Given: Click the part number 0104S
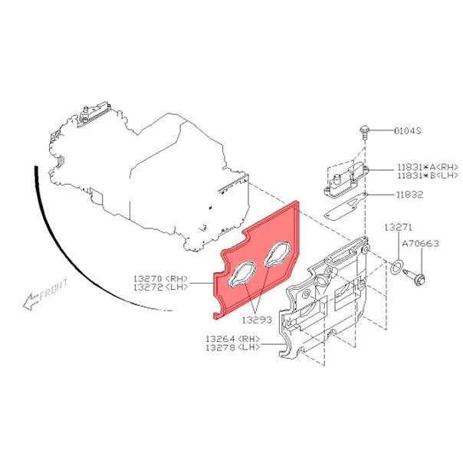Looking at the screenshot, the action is click(x=408, y=130).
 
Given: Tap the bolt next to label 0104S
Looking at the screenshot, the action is click(x=365, y=133).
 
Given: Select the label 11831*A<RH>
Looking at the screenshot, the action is click(x=428, y=167).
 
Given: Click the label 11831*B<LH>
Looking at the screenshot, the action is click(x=428, y=176).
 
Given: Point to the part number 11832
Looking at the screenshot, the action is click(x=410, y=194).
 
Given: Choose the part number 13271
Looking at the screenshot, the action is click(x=399, y=227).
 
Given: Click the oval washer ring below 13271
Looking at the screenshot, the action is click(x=396, y=266).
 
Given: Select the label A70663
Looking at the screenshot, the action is click(x=421, y=243).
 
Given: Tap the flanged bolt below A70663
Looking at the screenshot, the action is click(x=415, y=277).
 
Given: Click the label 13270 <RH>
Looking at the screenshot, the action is click(x=161, y=278).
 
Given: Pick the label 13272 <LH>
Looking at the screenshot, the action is click(x=161, y=287).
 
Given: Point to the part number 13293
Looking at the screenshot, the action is click(x=257, y=320).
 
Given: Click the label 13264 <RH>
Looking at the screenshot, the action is click(x=233, y=339).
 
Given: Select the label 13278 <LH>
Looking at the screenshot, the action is click(x=233, y=347).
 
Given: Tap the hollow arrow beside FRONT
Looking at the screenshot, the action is click(x=31, y=302).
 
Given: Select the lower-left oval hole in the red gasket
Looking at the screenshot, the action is click(x=241, y=274).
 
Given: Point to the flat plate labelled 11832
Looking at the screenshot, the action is click(x=346, y=206).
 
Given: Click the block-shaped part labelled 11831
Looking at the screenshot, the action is click(x=346, y=179).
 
